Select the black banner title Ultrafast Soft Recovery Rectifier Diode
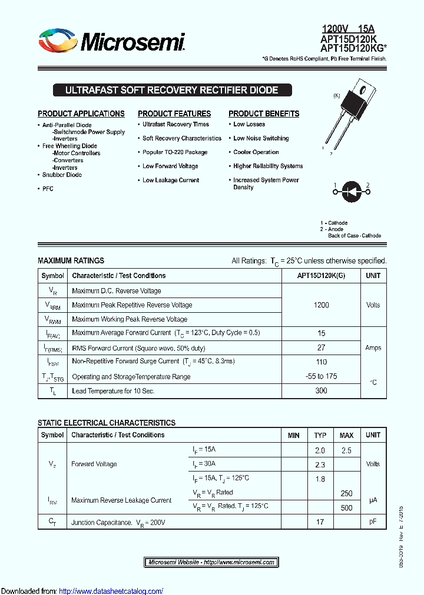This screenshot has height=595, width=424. (x=171, y=91)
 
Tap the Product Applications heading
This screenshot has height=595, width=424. (x=81, y=113)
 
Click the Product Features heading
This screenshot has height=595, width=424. (x=174, y=113)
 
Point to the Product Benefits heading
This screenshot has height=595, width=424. (x=264, y=113)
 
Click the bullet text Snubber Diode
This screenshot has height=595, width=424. (x=62, y=175)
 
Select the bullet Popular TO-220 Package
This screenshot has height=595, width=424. (x=175, y=152)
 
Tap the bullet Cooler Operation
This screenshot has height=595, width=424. (x=256, y=152)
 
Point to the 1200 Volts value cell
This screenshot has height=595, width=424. (x=321, y=305)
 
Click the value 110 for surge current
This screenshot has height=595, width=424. (x=321, y=362)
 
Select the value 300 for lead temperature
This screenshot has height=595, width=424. (x=321, y=391)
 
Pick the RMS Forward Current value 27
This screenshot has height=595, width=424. (x=321, y=347)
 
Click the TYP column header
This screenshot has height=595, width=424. (x=320, y=436)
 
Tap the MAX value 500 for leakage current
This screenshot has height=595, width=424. (x=346, y=507)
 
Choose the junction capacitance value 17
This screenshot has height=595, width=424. (x=320, y=522)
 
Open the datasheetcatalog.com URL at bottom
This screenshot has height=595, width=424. (x=111, y=591)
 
